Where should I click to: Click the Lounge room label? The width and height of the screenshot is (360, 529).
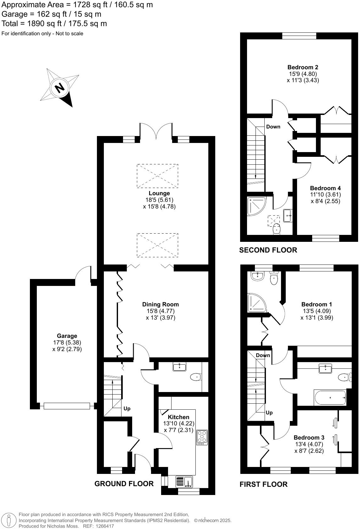[x=159, y=193]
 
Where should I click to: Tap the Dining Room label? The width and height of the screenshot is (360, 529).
[x=160, y=304]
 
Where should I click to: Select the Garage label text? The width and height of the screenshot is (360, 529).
[x=67, y=336]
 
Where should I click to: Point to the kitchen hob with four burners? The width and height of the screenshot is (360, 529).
[x=202, y=437]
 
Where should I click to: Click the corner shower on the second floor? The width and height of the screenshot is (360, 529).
[x=256, y=206]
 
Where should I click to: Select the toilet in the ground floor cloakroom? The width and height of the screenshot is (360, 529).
[x=195, y=377]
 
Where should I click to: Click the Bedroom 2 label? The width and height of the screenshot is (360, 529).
[x=303, y=67]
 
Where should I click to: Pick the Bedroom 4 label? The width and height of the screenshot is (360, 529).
[x=325, y=188]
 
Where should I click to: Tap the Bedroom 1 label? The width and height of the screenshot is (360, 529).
[x=317, y=304]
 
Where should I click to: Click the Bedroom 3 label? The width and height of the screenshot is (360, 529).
[x=309, y=438]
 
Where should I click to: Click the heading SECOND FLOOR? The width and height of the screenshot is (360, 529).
[x=268, y=250]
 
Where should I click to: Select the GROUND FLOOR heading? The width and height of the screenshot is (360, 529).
[x=124, y=484]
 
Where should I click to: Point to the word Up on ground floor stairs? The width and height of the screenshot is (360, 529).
[x=127, y=409]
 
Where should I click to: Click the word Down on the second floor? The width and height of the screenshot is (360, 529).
[x=273, y=127]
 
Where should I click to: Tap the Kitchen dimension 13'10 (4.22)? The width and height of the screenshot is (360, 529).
[x=178, y=424]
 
